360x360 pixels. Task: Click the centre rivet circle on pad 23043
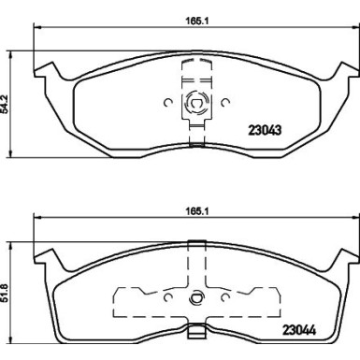(195, 104)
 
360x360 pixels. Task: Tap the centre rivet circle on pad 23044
(195, 300)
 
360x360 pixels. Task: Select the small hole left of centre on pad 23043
(166, 104)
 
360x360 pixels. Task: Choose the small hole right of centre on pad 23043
(223, 104)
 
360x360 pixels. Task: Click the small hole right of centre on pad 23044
(223, 300)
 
